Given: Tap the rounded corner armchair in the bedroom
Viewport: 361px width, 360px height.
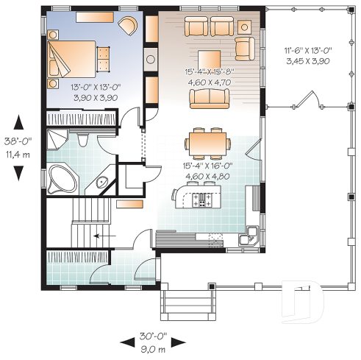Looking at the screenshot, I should [129, 26].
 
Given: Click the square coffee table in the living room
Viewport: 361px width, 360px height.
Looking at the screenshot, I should [209, 58].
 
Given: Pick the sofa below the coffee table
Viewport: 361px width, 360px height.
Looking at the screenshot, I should [210, 98].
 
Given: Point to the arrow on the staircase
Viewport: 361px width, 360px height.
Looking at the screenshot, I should [105, 236].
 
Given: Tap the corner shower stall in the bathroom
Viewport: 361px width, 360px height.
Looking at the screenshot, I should [57, 141].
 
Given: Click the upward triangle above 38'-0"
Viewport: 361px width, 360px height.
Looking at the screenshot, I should [19, 122].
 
